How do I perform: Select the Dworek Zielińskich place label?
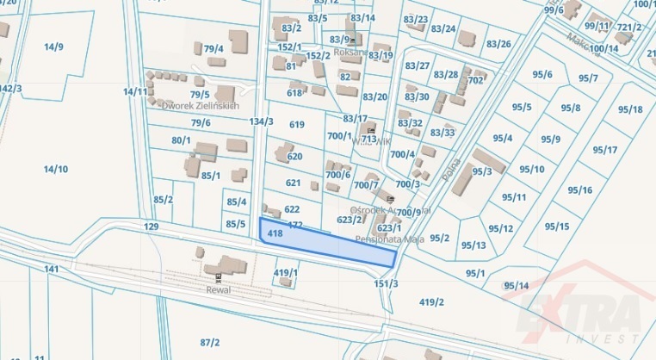click(201, 105)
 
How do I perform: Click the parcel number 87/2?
click(210, 342)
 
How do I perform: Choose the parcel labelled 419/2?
click(431, 301)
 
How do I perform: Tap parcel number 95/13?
click(473, 245)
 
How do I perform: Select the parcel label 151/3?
click(387, 283)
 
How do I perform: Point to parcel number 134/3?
click(261, 121)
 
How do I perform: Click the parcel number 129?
click(152, 226)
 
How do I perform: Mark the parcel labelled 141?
click(52, 270)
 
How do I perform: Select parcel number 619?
click(297, 125)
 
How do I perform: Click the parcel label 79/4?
click(214, 49)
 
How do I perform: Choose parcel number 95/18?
click(630, 109)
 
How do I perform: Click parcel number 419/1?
click(286, 273)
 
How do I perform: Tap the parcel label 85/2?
click(164, 200)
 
